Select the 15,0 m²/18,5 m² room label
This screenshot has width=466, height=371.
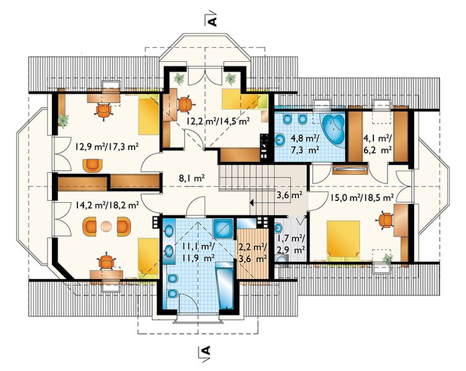click(x=362, y=197)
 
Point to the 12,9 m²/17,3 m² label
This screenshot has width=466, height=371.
click(x=108, y=147)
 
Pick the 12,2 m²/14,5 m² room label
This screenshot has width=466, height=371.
click(x=218, y=121)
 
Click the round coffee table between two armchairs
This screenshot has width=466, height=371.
click(x=106, y=226)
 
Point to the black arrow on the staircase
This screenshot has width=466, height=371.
click(x=252, y=203)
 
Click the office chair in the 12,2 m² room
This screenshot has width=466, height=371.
click(x=186, y=104)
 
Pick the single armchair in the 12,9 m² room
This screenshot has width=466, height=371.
click(x=93, y=166)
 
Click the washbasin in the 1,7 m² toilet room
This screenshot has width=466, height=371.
click(x=278, y=229)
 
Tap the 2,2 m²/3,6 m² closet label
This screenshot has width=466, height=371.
click(x=253, y=252)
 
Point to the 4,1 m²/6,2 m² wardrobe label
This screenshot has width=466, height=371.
click(x=378, y=144)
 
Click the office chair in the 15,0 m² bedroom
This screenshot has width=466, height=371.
click(x=385, y=221)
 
